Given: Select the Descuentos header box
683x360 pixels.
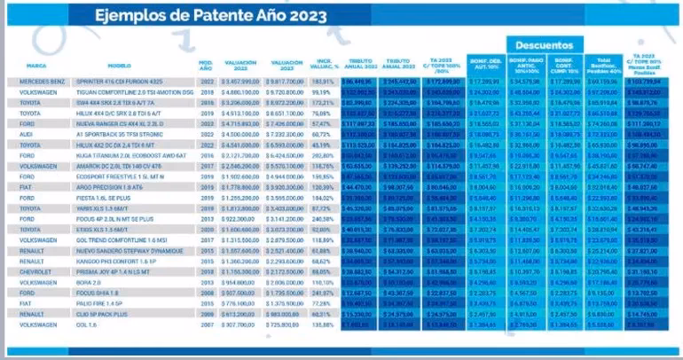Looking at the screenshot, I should pos(544,44).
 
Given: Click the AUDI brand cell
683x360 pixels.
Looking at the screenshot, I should pos(27,133).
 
